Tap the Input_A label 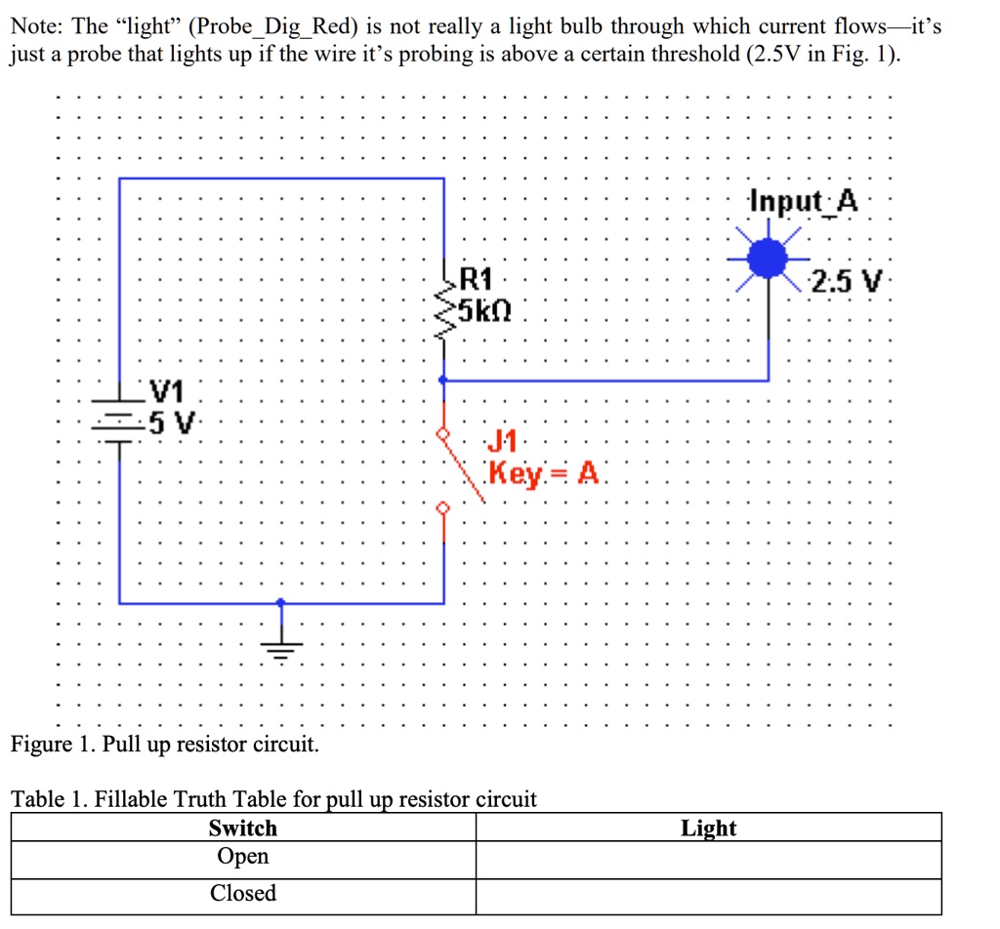[804, 202]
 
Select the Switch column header [243, 828]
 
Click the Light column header [709, 828]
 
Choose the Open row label [243, 857]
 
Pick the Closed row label [243, 893]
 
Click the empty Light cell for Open [709, 859]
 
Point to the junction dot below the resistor [444, 380]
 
